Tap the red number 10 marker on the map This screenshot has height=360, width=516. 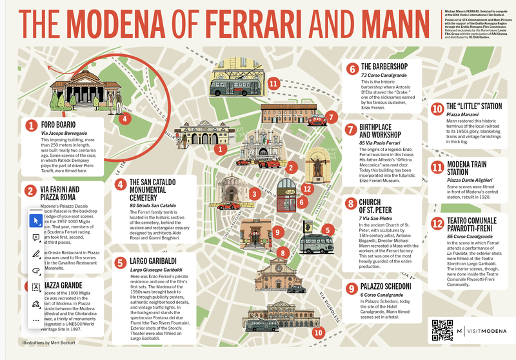[318, 332]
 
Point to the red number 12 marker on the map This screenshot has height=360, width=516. [308, 188]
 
